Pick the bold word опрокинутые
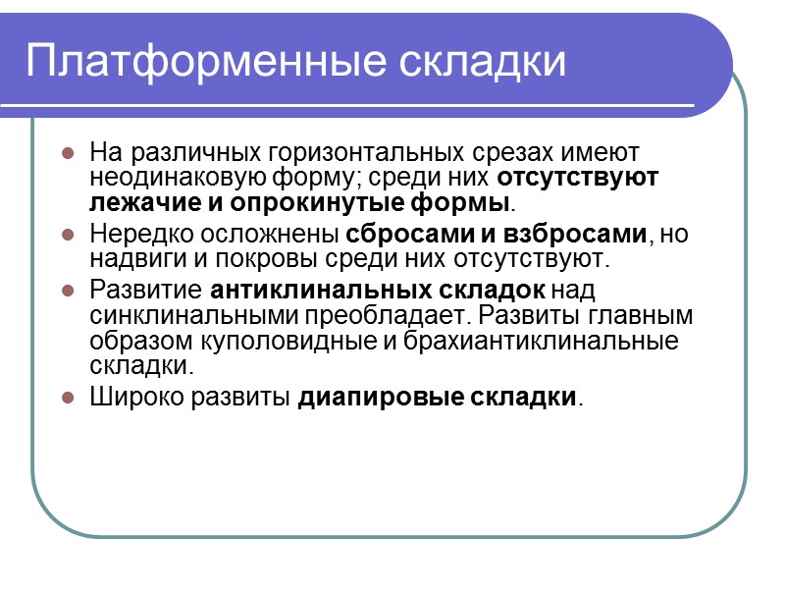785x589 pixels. (x=285, y=204)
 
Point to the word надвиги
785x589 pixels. (x=131, y=260)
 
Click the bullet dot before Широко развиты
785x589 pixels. (x=68, y=399)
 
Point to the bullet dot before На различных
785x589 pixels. (x=68, y=154)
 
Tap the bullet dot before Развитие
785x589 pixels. (x=68, y=292)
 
